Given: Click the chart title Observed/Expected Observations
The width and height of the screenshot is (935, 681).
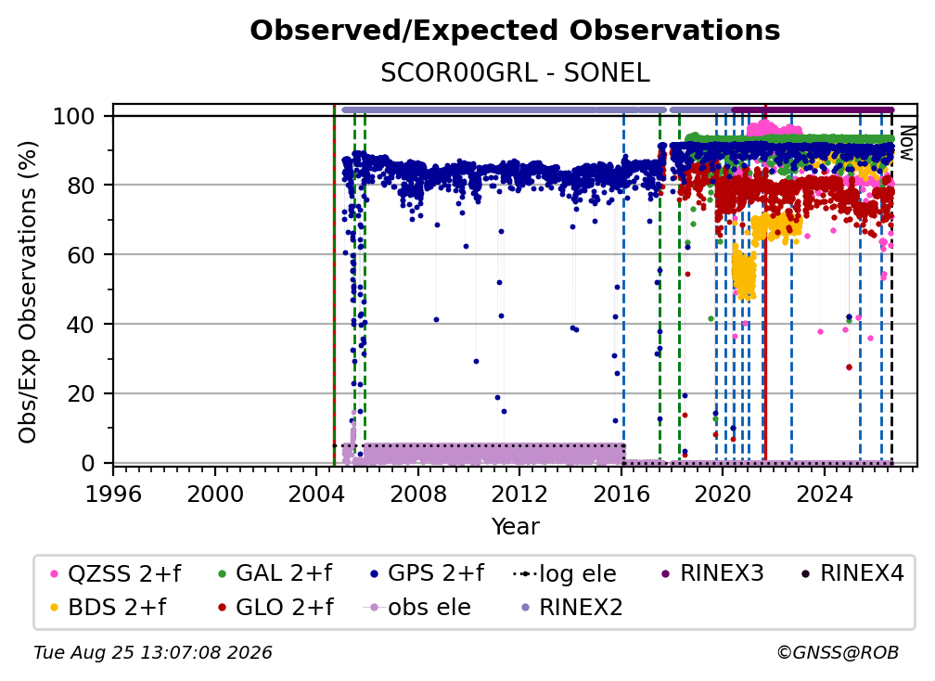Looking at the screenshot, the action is (515, 31).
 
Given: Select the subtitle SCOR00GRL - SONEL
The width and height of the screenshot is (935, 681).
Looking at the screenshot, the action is (515, 73).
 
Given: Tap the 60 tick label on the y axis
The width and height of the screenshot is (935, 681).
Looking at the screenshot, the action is (81, 254).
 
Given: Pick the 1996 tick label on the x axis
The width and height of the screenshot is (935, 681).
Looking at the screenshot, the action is (113, 494).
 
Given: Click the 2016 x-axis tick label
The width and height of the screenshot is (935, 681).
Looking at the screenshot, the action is (621, 494).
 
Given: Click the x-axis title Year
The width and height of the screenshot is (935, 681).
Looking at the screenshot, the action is (515, 526).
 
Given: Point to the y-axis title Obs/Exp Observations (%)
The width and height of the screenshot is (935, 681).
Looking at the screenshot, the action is (28, 292).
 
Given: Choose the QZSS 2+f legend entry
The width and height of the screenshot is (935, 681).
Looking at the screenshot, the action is (116, 573).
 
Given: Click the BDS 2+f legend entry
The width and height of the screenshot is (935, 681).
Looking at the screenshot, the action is (109, 607).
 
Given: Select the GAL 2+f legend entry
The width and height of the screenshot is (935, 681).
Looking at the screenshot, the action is (275, 573).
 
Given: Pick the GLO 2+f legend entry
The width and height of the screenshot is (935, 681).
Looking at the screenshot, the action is (275, 607).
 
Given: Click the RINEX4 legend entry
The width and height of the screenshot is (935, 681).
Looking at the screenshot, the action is (853, 573).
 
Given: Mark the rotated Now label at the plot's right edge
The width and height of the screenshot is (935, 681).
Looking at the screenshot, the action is (906, 143).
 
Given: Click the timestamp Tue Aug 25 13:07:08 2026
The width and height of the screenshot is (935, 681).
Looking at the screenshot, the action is (153, 653).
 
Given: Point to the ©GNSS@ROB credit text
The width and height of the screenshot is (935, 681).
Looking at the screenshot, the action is (838, 653).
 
